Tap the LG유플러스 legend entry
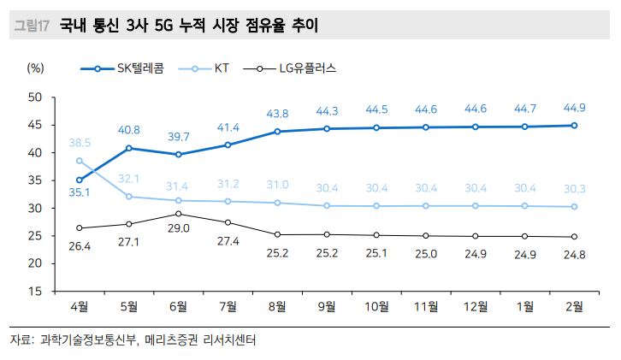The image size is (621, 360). [291, 68]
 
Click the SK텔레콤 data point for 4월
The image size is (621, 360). [79, 180]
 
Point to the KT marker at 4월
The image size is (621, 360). [79, 161]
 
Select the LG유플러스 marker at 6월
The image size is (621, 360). [178, 214]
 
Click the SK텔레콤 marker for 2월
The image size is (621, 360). [574, 126]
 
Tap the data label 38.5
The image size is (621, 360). [80, 143]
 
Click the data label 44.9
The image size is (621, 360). [574, 108]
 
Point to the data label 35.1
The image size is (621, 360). [79, 192]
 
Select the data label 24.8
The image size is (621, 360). [574, 254]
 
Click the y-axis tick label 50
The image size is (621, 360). [36, 97]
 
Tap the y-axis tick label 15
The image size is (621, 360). [36, 291]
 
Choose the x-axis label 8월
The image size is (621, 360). [277, 306]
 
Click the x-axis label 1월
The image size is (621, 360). [524, 306]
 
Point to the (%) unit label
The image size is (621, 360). [36, 68]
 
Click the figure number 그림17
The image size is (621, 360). [32, 27]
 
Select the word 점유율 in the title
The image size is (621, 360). [251, 27]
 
